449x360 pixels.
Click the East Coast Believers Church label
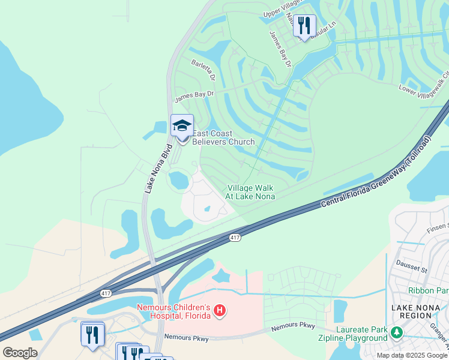(x=223, y=138)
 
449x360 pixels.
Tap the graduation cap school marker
(x=182, y=126)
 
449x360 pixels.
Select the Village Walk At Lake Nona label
(x=250, y=192)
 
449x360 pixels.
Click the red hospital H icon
(x=220, y=310)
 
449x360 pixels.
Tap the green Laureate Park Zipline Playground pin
(x=396, y=332)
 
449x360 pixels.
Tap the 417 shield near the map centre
(x=235, y=238)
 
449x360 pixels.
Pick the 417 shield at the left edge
(x=106, y=293)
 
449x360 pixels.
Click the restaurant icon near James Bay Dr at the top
(x=304, y=25)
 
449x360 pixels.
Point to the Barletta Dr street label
(x=203, y=70)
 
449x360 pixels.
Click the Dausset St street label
(x=411, y=265)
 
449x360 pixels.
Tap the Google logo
(x=20, y=353)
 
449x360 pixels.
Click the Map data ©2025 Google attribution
(x=412, y=355)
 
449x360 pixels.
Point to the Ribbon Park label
(x=428, y=290)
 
